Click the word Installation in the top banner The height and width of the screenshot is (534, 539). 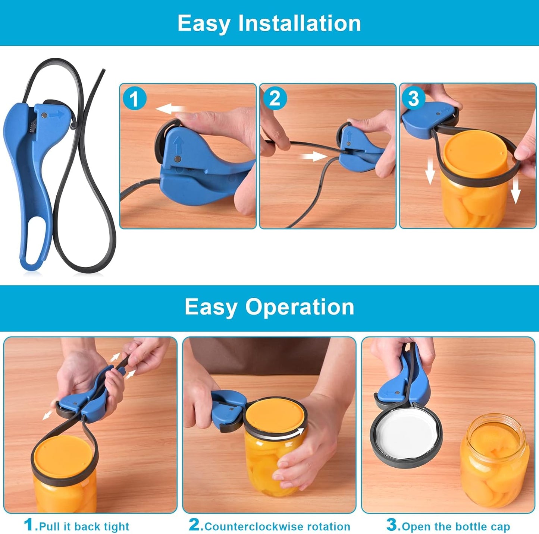pos(300,23)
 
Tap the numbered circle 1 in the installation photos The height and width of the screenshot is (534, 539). pos(134,99)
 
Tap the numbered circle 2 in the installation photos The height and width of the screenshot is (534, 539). pos(275,99)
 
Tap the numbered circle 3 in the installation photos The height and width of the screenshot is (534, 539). pos(413,99)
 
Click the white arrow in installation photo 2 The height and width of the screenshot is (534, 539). pos(314,156)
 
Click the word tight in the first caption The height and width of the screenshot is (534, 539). pos(116,527)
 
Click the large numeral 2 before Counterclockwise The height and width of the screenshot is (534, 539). pos(195,525)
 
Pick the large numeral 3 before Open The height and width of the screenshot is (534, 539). pos(392,525)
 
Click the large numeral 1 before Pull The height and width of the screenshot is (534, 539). pos(29,525)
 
